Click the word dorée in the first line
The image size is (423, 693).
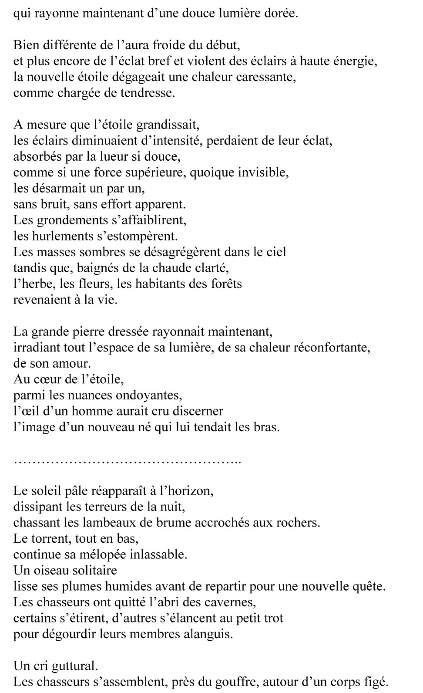pos(279,14)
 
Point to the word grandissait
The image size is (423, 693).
pos(168,125)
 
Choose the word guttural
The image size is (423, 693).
pos(74,666)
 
